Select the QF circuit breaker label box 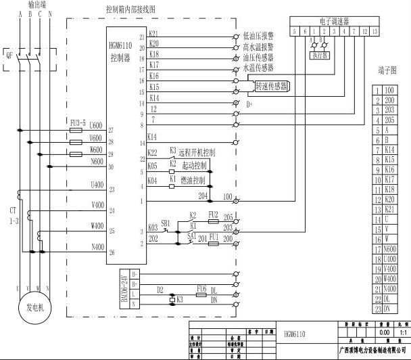[9, 56]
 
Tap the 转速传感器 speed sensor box [271, 86]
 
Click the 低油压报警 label [257, 34]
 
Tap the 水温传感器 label [257, 68]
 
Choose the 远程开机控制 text [197, 153]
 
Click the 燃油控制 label [193, 181]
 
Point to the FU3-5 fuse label [78, 124]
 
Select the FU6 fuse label [201, 288]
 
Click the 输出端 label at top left [29, 4]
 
